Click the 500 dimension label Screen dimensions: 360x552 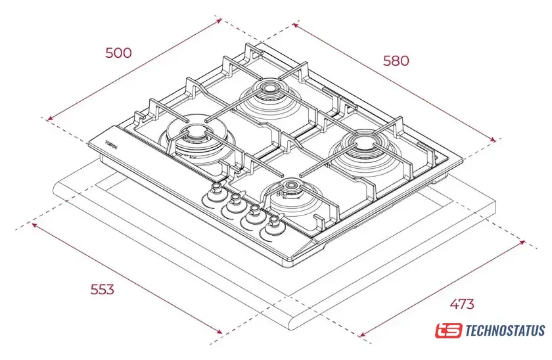coord(118,53)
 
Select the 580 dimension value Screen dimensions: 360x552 coord(396,60)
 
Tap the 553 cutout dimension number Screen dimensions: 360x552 coord(101,289)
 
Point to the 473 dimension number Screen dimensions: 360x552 coord(462,304)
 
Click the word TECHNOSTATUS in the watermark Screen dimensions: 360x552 coord(505,330)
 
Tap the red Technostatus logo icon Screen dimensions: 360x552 coord(449,330)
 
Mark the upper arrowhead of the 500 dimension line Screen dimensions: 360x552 coord(219,20)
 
